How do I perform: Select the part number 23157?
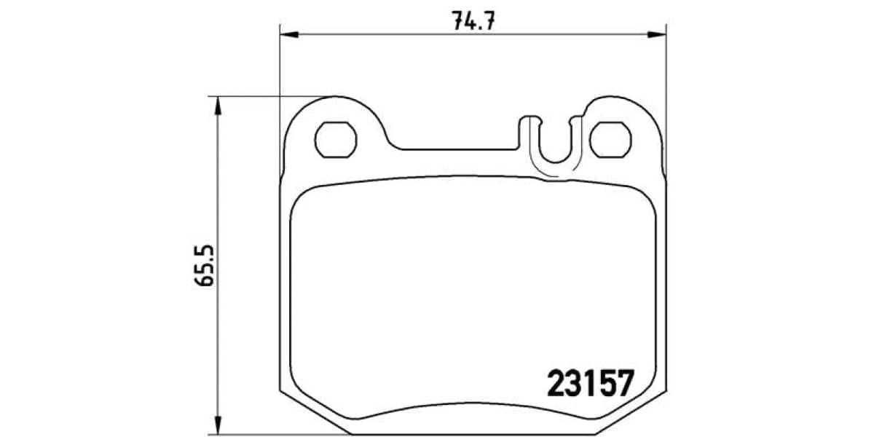(590, 383)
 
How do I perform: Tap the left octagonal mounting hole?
(336, 139)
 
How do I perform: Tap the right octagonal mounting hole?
(610, 139)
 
